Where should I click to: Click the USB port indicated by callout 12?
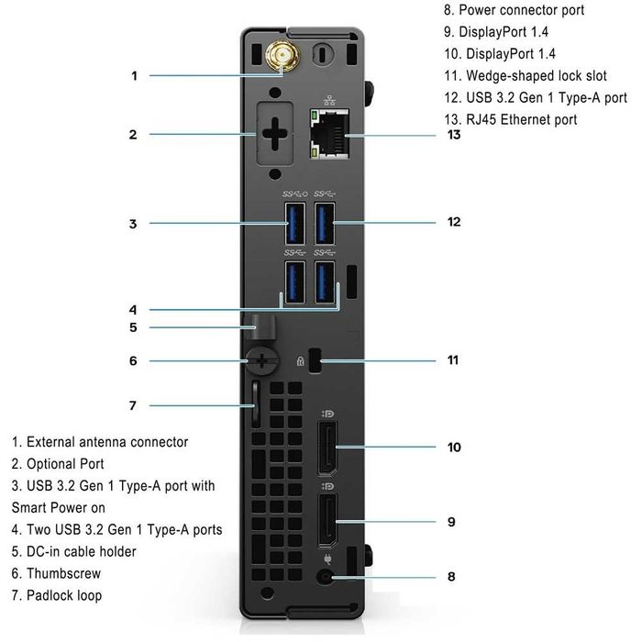point(326,222)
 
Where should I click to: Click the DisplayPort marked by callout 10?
point(327,448)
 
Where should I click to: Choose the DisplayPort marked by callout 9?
point(327,522)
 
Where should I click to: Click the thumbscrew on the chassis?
point(261,361)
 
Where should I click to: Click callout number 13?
point(453,135)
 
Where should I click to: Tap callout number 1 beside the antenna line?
point(134,75)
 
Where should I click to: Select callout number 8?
point(450,578)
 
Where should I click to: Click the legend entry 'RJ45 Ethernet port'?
point(510,119)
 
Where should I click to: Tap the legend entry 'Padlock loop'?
point(57,595)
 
